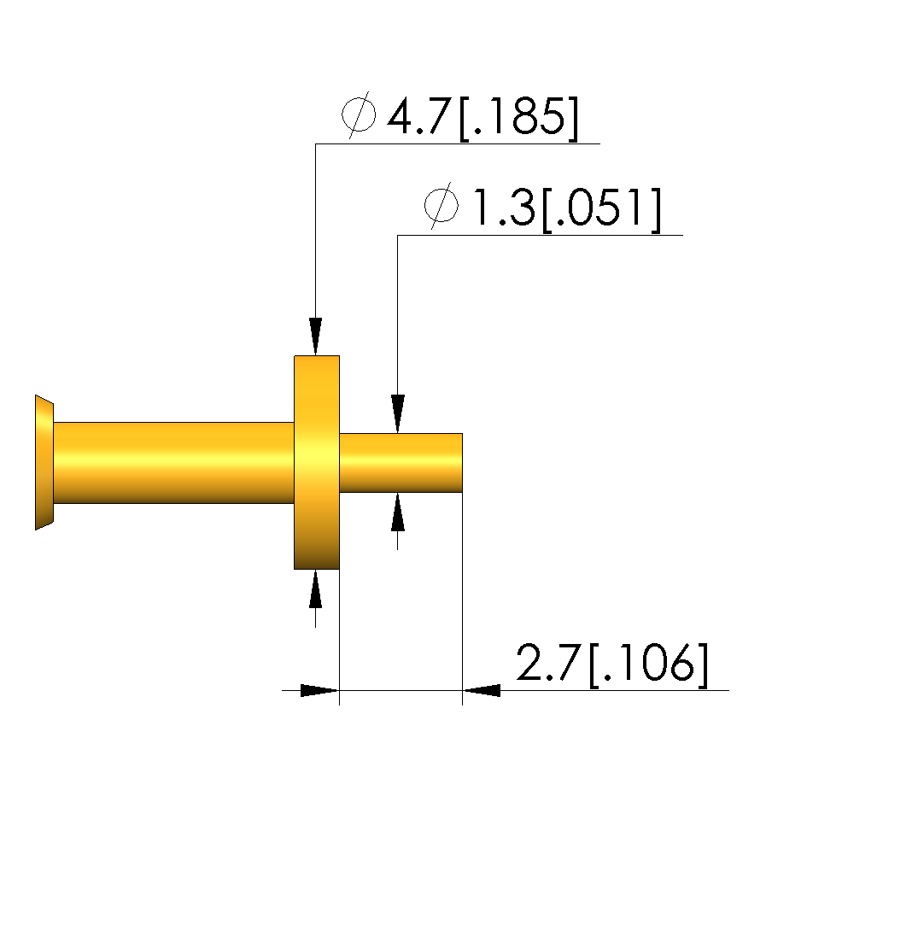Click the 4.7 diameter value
[x=419, y=117]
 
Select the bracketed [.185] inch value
[x=518, y=118]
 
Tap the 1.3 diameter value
[x=504, y=207]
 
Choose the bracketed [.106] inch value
[x=648, y=664]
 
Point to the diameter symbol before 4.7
[x=359, y=115]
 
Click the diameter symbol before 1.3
[x=441, y=206]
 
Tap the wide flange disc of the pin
[x=317, y=463]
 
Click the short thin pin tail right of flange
[x=401, y=463]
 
